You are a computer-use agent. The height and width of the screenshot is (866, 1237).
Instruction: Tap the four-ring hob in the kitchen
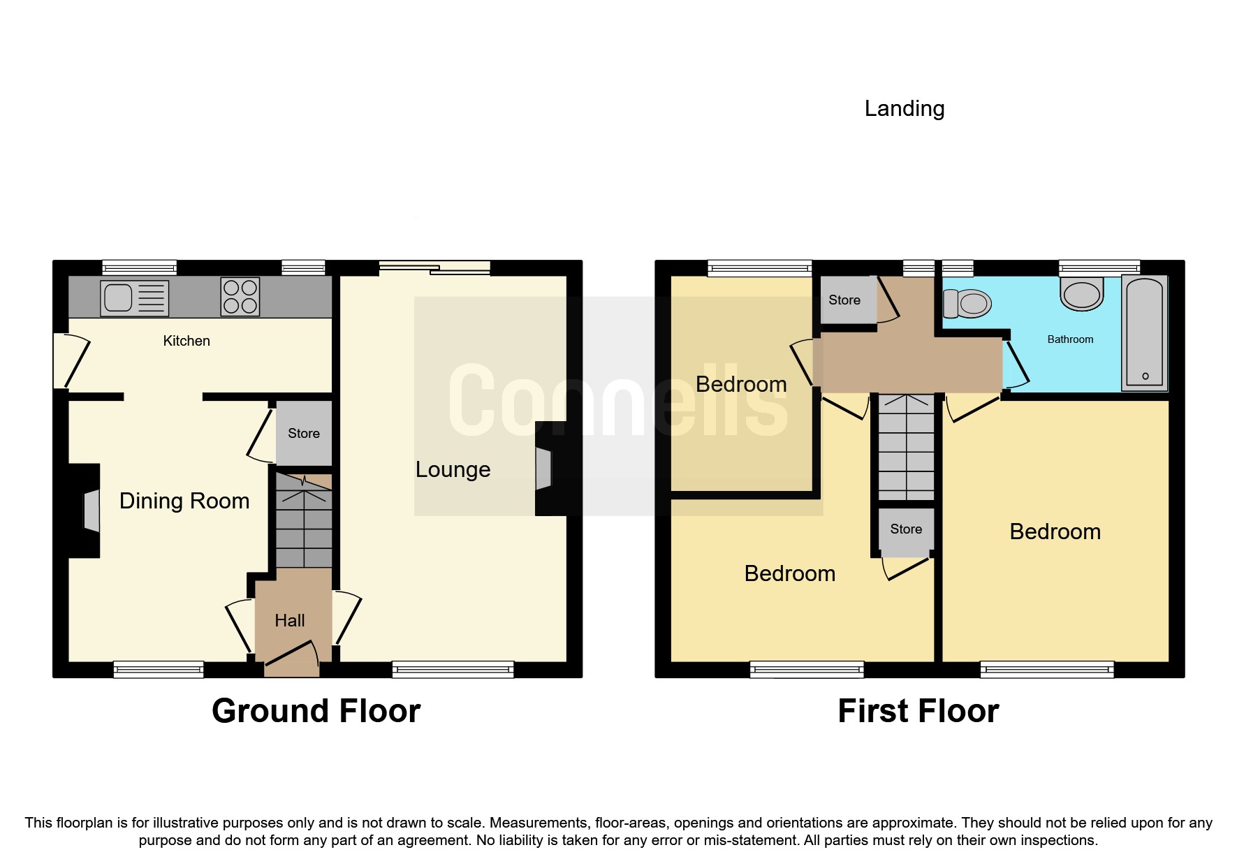(x=240, y=297)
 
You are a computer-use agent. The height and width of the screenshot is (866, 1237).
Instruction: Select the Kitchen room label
(x=186, y=341)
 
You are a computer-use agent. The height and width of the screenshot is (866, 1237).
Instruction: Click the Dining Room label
(x=184, y=501)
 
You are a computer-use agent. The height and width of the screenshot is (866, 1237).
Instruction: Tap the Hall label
(x=289, y=620)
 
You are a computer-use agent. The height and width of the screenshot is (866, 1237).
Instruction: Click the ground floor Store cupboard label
(x=304, y=433)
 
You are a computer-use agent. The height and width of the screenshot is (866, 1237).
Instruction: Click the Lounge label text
(x=453, y=469)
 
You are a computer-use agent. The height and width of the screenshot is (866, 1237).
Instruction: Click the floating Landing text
(x=905, y=108)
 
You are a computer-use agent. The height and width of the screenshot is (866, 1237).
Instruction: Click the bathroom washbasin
(x=1082, y=294)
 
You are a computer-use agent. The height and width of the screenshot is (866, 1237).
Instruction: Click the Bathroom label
(x=1070, y=339)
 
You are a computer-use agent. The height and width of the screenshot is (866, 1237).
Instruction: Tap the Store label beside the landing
(x=844, y=300)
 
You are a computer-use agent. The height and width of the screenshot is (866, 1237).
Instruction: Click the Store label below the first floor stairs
(x=906, y=529)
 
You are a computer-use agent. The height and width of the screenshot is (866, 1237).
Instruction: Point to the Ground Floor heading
(x=316, y=711)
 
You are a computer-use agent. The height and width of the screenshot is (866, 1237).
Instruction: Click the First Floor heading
(x=918, y=711)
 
